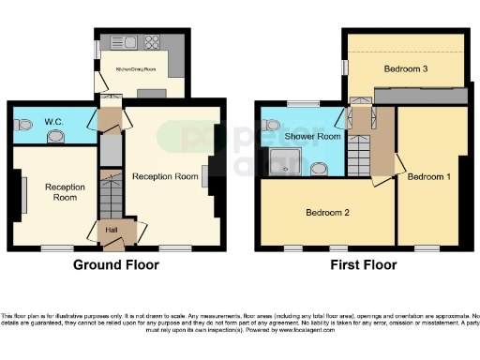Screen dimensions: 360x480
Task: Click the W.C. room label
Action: pyautogui.click(x=52, y=122)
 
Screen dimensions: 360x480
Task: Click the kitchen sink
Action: pyautogui.click(x=125, y=41)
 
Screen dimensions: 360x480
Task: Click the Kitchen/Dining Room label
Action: pyautogui.click(x=135, y=68)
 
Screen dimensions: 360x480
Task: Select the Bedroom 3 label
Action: pyautogui.click(x=406, y=68)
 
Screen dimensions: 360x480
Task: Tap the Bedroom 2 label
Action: pyautogui.click(x=327, y=213)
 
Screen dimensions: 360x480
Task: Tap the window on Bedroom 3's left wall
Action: pyautogui.click(x=343, y=67)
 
